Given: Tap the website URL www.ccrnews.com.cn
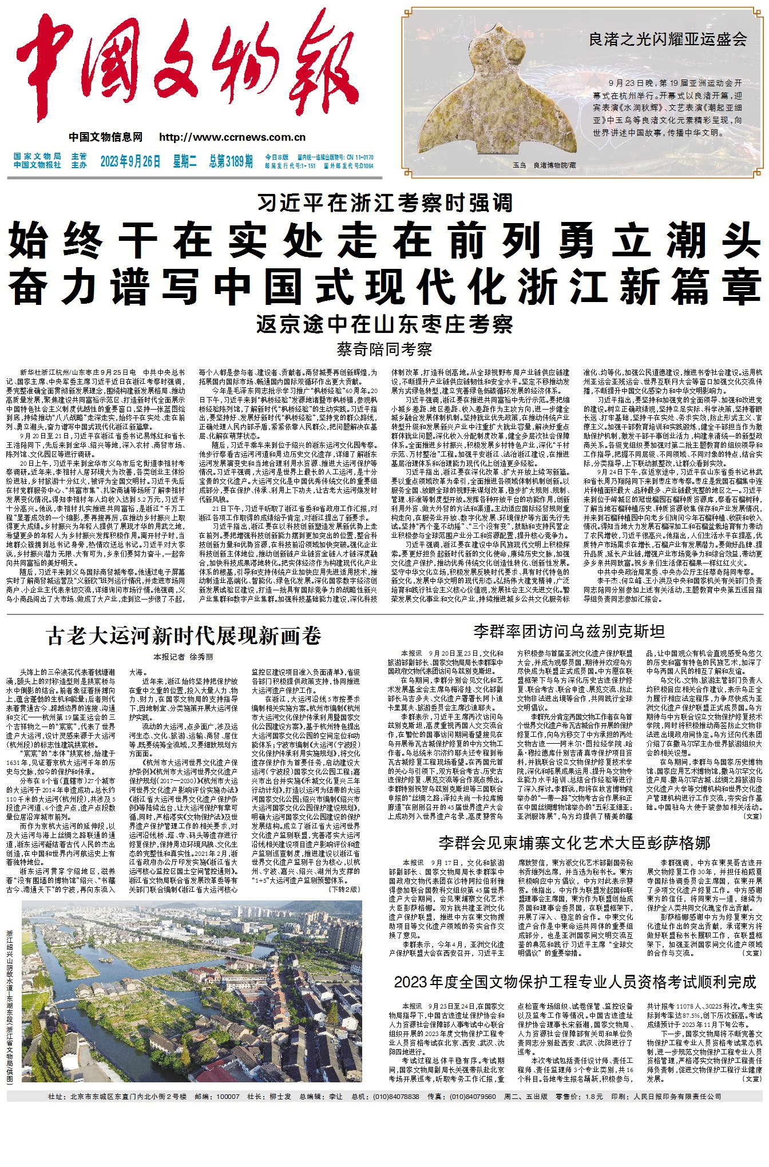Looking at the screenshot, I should coord(232,137).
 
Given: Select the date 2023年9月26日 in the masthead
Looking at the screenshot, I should coord(130,162).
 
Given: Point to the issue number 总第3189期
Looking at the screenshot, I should coord(231,162).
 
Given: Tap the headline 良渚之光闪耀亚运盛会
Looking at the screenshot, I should coord(668,39).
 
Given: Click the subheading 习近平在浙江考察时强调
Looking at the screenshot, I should coord(384,203).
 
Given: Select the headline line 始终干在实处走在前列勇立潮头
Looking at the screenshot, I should coord(384,241).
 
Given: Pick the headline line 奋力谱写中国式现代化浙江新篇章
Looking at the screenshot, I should coord(384,287).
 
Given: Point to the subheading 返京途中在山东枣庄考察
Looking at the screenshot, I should coord(384,324).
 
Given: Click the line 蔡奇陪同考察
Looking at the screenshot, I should coord(384,349).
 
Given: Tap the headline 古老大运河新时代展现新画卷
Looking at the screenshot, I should coord(184,636).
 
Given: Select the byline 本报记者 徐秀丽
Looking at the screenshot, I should coord(183,657).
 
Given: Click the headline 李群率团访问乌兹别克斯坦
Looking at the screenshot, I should coord(569,631).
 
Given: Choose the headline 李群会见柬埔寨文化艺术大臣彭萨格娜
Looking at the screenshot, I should coord(574,843).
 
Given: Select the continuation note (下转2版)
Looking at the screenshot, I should coord(344,890).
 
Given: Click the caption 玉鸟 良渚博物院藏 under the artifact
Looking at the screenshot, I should coord(544,165).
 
